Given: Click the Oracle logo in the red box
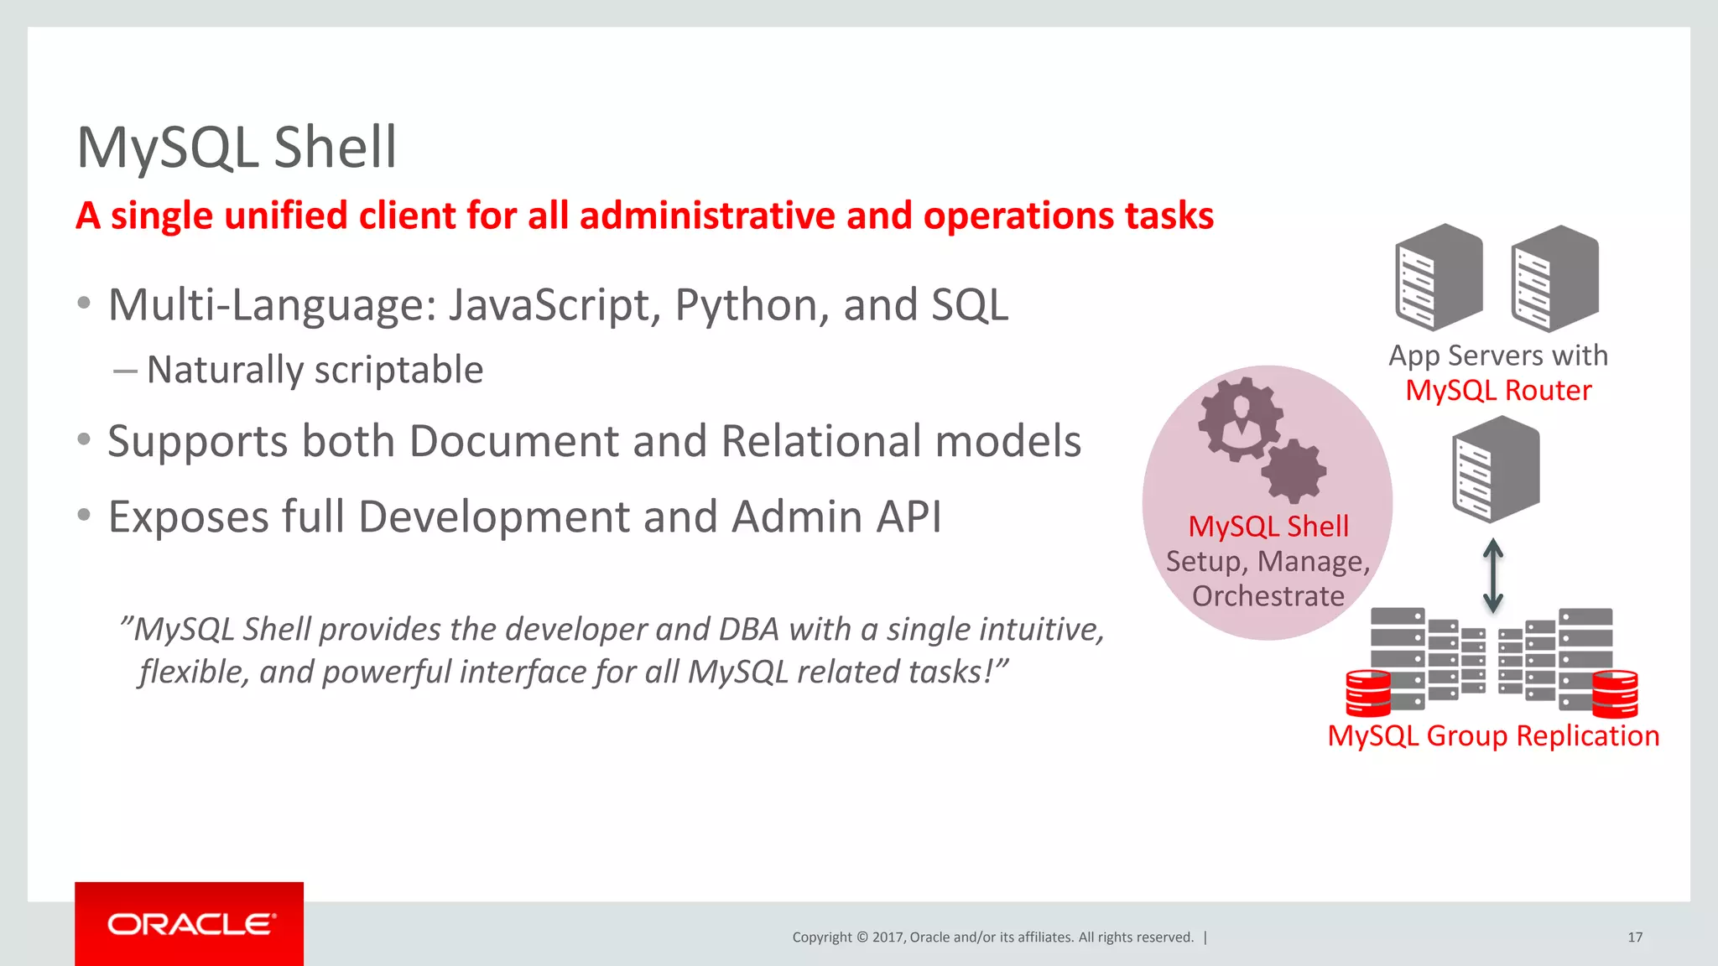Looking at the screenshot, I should click(x=190, y=924).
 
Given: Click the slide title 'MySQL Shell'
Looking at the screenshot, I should click(x=237, y=148).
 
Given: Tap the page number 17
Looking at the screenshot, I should click(x=1634, y=937).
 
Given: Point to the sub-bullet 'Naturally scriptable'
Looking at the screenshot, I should click(x=315, y=370).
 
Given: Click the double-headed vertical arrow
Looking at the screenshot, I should click(x=1492, y=575).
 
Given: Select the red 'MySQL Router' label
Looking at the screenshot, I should click(x=1498, y=391).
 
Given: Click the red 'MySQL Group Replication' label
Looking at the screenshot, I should click(x=1493, y=735).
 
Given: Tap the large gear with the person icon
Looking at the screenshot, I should click(x=1240, y=418).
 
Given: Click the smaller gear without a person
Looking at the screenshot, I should click(x=1293, y=471).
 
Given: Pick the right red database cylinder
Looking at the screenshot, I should click(x=1614, y=693).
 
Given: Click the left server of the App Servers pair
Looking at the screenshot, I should click(x=1438, y=278).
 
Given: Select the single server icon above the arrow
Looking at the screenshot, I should click(x=1496, y=470).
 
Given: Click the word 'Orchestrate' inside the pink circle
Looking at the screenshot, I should click(x=1268, y=596).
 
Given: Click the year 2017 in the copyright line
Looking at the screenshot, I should click(x=887, y=937).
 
